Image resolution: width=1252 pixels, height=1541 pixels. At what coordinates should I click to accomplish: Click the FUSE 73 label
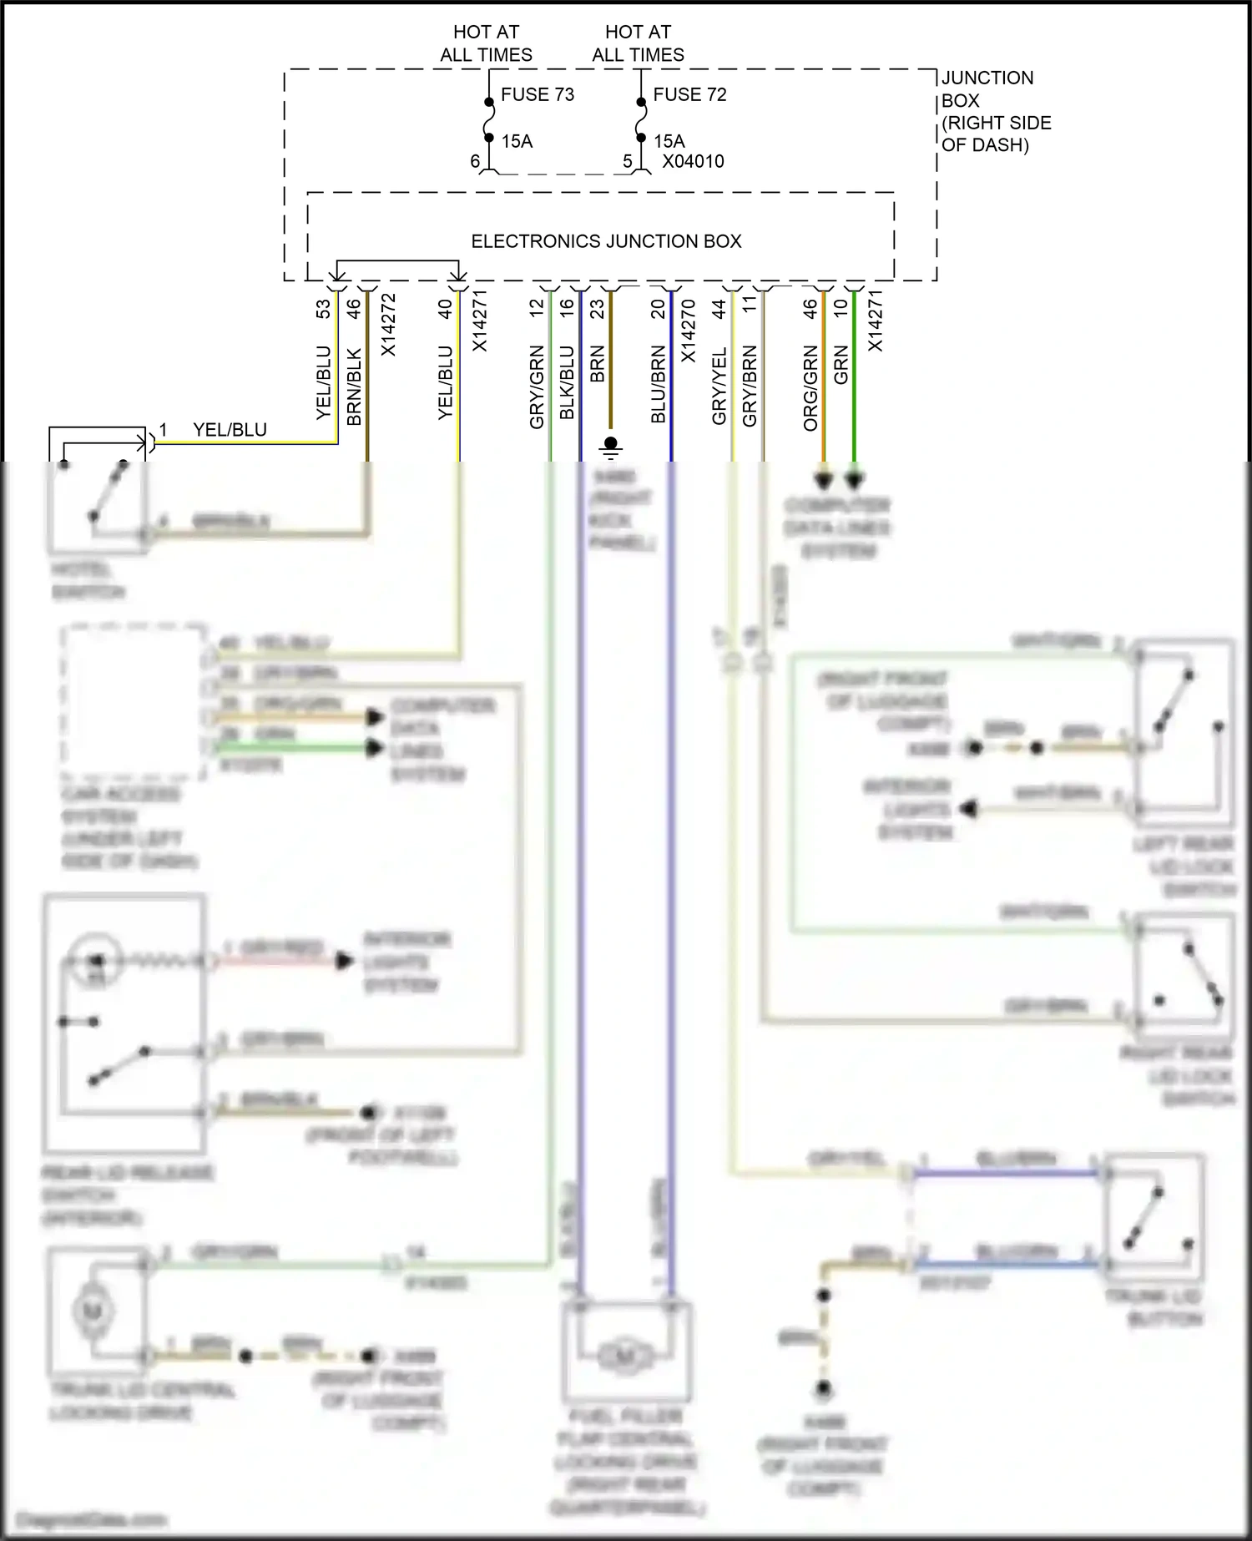tap(538, 95)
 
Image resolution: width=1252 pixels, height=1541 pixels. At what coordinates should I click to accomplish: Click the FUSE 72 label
tap(689, 95)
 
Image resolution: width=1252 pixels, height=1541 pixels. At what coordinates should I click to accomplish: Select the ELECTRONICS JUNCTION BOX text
tap(606, 241)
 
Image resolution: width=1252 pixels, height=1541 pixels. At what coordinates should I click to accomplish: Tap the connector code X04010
tap(693, 161)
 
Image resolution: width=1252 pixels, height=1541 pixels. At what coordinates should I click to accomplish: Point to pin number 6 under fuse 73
tap(475, 161)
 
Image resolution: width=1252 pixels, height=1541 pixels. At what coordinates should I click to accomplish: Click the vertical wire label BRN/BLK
tap(354, 386)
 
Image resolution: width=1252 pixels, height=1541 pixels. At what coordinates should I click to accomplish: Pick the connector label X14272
tap(388, 325)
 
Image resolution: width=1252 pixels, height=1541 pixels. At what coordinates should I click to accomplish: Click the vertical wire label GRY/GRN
tap(537, 387)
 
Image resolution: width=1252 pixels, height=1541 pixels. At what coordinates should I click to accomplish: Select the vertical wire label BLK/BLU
tap(567, 382)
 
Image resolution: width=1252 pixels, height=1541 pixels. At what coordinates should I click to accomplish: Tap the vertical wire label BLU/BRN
tap(659, 383)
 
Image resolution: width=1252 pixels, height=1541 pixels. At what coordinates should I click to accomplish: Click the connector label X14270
tap(689, 331)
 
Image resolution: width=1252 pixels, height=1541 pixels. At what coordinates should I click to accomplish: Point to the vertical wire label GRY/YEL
tap(719, 385)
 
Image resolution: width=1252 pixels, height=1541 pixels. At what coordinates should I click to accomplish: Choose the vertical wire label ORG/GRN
tap(810, 387)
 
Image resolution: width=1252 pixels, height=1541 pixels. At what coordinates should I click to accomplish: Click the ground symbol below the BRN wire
tap(611, 448)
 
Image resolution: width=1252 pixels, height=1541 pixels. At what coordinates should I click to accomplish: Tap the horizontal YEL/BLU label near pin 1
tap(230, 430)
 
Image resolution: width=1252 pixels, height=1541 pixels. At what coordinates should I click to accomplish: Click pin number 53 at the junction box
tap(324, 309)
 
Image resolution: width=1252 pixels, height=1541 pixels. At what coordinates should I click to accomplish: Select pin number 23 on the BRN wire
tap(598, 309)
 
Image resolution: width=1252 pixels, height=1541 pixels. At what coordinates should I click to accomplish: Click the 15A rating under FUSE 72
tap(669, 141)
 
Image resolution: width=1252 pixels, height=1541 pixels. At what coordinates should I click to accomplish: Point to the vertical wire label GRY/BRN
tap(750, 385)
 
